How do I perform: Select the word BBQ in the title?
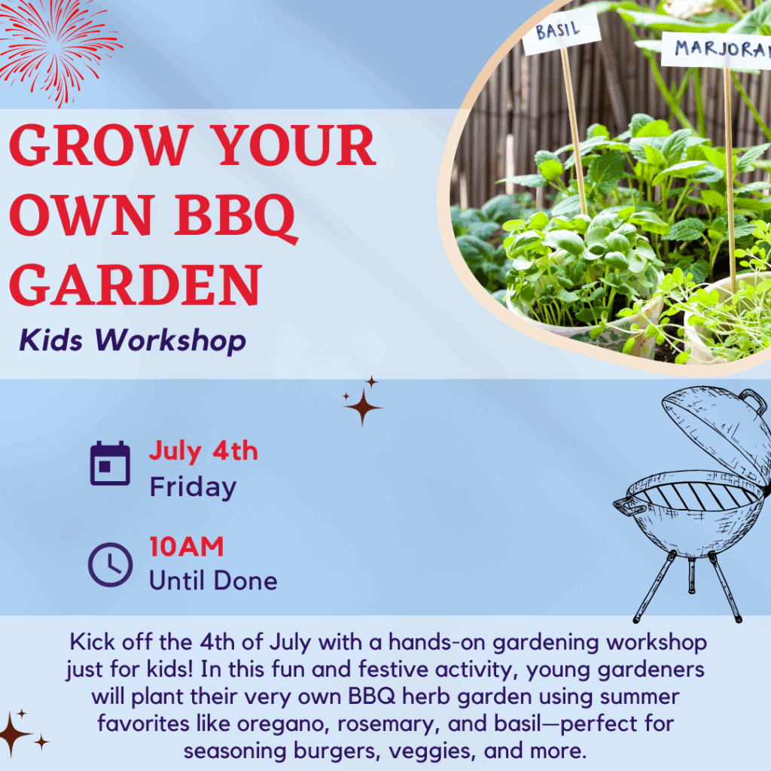pos(235,216)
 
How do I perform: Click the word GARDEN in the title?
pos(136,285)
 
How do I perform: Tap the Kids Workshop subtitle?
pos(133,340)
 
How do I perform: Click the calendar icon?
pos(110,463)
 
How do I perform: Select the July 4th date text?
pos(203,452)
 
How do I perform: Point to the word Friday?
pos(193,487)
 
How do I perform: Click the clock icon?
pos(110,565)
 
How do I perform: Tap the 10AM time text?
pos(187,547)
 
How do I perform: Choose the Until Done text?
pos(213,581)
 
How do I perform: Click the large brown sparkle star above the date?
pos(363,407)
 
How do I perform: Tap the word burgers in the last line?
pos(338,751)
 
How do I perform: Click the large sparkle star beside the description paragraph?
pos(13,734)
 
